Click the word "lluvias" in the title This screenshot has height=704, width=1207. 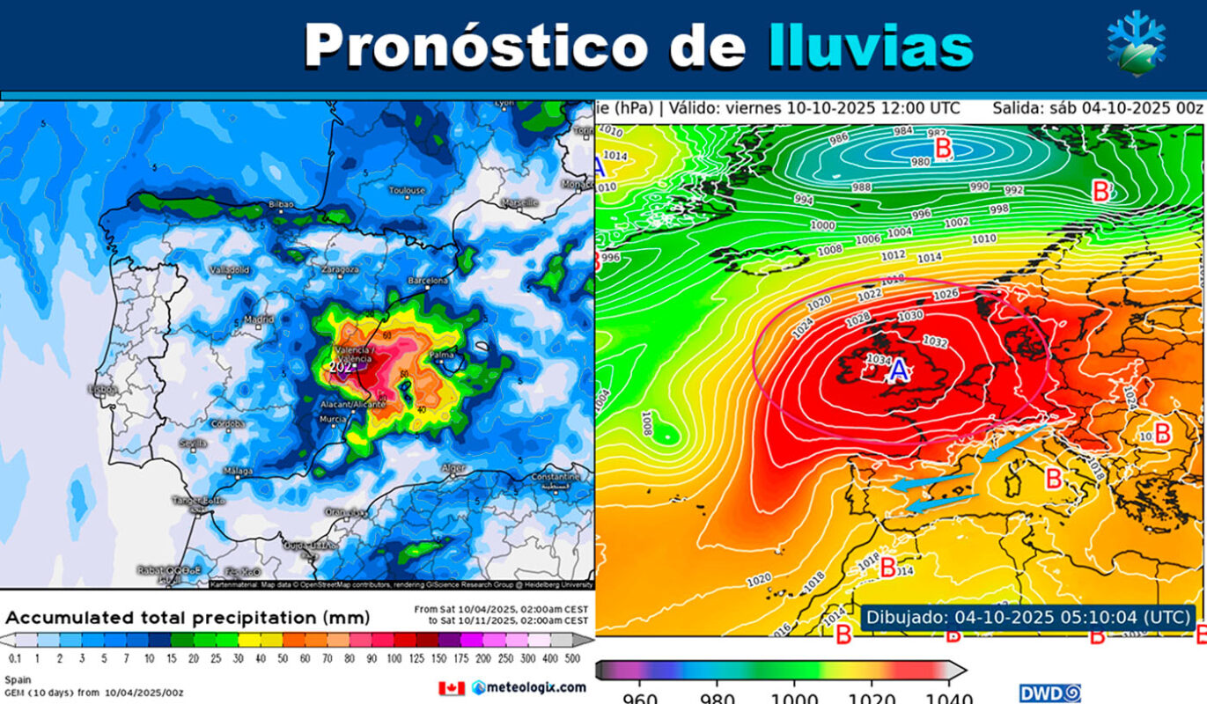tap(871, 46)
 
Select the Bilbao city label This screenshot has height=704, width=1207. tap(281, 204)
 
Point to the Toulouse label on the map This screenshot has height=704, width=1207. tap(407, 190)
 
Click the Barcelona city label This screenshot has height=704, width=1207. tap(429, 281)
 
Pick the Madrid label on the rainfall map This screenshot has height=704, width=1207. tap(258, 319)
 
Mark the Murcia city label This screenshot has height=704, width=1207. tap(333, 418)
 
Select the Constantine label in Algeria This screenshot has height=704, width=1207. tap(555, 476)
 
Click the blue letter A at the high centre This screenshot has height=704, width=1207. tap(898, 372)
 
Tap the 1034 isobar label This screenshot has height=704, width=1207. tap(878, 359)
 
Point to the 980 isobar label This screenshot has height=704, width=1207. tap(920, 161)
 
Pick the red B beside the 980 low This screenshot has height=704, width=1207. tap(943, 148)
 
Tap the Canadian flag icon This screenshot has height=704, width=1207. tap(451, 687)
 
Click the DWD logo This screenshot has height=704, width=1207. tap(1049, 693)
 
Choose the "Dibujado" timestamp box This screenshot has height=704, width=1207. tap(1028, 616)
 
